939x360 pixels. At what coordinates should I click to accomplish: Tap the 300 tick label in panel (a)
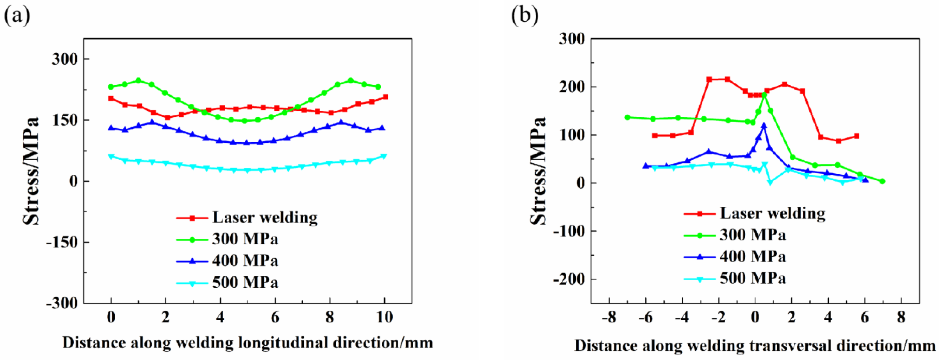tap(65, 59)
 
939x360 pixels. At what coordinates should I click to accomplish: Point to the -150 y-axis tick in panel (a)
tap(62, 242)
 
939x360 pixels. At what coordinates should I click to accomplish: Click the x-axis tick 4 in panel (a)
tap(220, 317)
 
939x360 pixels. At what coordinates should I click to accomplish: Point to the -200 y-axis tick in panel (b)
tap(569, 279)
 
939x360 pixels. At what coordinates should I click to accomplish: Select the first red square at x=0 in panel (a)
tap(111, 98)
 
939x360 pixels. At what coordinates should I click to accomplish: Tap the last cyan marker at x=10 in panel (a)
tap(384, 156)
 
